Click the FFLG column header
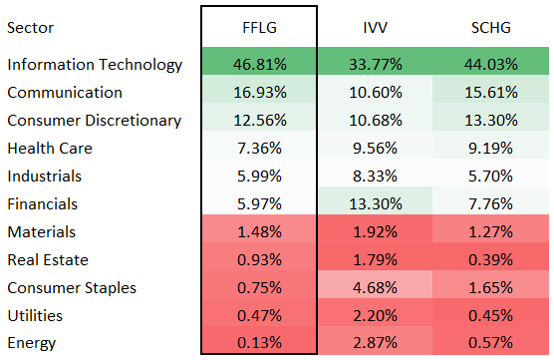click(x=259, y=29)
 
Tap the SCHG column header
click(x=490, y=29)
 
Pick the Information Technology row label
click(x=95, y=65)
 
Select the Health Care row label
click(x=49, y=148)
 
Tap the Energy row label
click(x=32, y=343)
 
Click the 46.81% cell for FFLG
click(x=259, y=65)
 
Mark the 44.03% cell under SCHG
click(x=490, y=65)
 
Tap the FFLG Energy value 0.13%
click(x=259, y=343)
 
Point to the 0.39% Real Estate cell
click(x=490, y=259)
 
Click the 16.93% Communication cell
click(x=259, y=93)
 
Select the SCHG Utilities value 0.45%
click(x=490, y=315)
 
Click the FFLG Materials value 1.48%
click(x=259, y=231)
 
